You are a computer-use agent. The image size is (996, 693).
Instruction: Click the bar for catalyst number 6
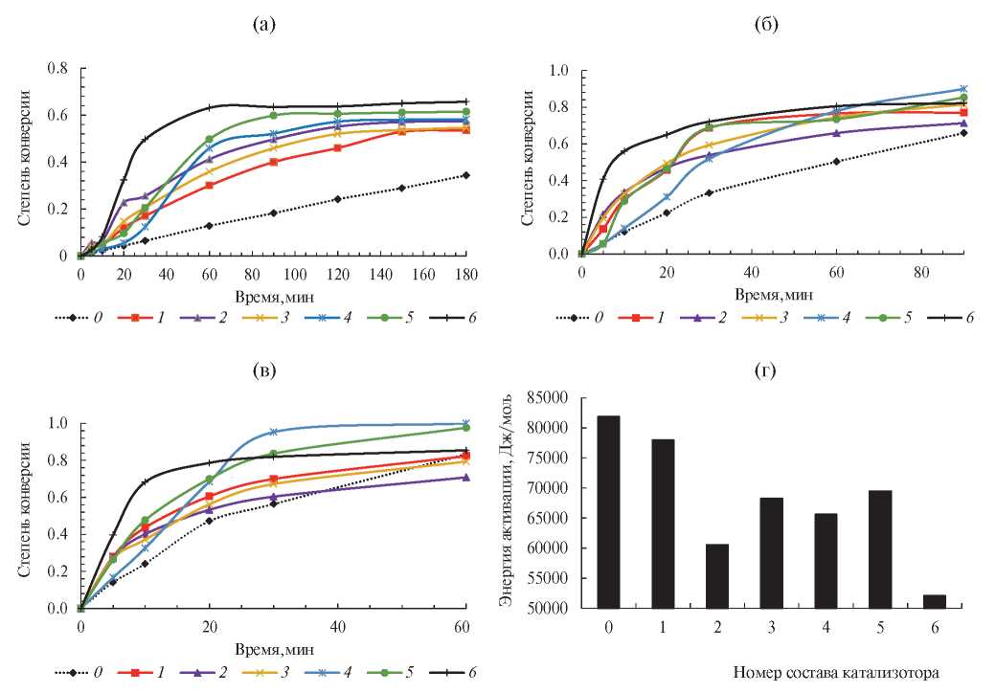(x=935, y=601)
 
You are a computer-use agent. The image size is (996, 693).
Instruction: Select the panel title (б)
(x=765, y=26)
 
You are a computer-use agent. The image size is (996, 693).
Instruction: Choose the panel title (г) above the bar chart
(x=765, y=370)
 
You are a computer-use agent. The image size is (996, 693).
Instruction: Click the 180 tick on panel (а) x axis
(x=465, y=275)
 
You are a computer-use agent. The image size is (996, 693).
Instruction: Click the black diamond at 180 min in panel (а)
(x=465, y=175)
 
